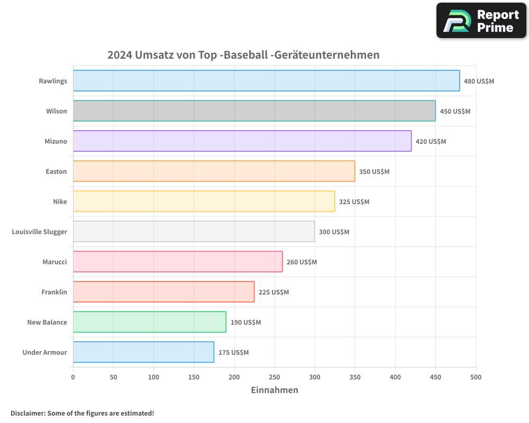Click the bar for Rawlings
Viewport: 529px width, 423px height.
266,81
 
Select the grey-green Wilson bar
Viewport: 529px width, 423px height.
254,111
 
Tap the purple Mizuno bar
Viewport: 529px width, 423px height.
242,141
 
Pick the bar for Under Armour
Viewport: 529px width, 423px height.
143,352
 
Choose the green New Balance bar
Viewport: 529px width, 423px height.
149,322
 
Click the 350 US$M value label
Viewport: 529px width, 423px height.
374,172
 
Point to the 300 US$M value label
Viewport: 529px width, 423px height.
334,232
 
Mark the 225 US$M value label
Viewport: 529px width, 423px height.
273,292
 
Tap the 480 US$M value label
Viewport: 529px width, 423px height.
479,81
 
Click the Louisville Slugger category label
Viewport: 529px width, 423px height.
40,232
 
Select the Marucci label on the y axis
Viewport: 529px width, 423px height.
54,262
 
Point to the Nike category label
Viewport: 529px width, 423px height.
60,202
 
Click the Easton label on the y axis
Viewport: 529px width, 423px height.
56,172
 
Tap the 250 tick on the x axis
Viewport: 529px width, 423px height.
274,377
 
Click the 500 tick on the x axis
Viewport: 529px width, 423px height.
476,377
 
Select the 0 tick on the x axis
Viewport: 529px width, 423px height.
73,377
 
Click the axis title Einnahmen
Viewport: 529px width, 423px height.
274,390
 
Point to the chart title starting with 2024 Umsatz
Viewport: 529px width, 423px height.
243,55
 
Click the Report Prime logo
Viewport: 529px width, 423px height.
481,21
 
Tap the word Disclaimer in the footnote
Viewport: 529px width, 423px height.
28,413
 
